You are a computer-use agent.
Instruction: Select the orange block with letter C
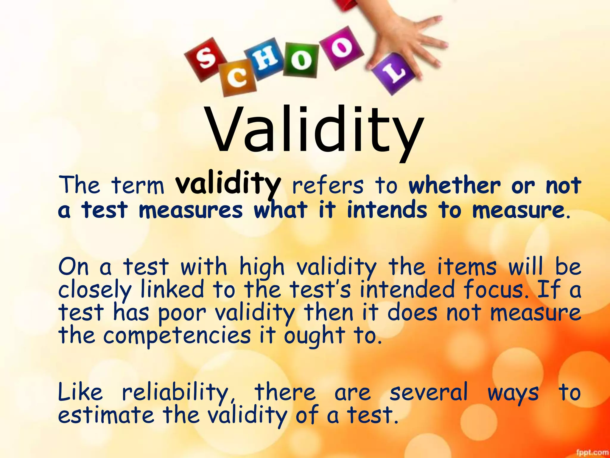pos(237,78)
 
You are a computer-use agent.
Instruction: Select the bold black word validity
pos(228,185)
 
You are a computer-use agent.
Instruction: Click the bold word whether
pos(455,185)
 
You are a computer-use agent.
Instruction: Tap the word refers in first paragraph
pos(328,185)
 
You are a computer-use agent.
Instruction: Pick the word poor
pos(182,313)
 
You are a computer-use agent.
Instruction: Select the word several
pos(429,392)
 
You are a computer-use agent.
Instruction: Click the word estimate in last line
pos(106,415)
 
